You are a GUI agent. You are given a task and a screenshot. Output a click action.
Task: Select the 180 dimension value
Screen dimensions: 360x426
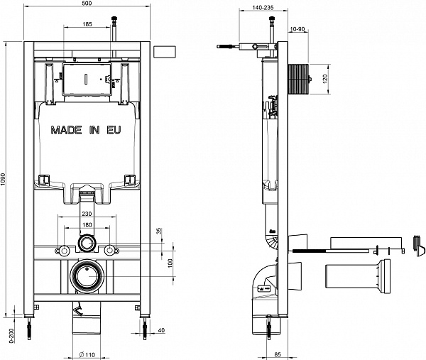[x=87, y=225]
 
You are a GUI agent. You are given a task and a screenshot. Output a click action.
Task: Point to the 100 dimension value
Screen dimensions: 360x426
[x=170, y=263]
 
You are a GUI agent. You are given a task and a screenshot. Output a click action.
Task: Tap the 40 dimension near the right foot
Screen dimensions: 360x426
[x=161, y=330]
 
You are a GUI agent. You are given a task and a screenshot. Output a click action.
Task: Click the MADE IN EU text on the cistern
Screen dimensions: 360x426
[x=86, y=131]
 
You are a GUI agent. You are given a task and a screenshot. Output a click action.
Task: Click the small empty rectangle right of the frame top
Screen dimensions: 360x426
[x=165, y=52]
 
